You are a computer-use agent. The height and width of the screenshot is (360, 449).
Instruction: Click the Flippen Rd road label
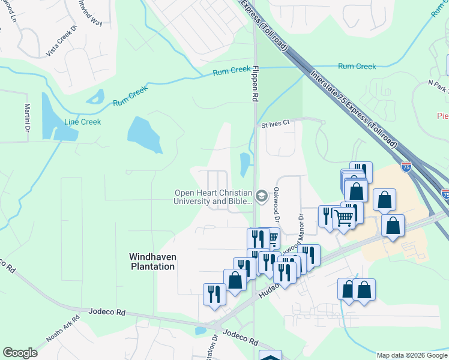pos(255,84)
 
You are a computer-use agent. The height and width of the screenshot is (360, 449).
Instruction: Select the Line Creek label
pos(83,122)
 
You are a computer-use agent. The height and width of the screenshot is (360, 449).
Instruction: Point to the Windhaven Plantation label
pos(153,261)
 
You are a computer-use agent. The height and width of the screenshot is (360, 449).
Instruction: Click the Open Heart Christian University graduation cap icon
pos(261,196)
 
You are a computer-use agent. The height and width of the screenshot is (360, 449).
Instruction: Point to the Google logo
pos(20,352)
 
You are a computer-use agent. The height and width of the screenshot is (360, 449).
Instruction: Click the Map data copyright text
pos(412,355)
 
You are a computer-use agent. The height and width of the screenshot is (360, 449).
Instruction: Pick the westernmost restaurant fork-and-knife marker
pos(214,295)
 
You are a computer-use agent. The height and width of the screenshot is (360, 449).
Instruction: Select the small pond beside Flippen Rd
pos(245,164)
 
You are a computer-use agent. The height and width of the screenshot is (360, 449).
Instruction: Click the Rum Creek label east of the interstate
pos(357,67)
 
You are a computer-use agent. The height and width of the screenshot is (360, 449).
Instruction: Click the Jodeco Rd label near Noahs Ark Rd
pos(108,313)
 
